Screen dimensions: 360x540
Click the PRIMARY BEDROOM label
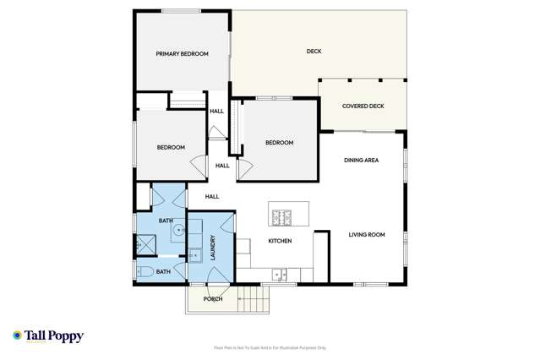182,54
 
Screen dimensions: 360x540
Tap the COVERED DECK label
363,106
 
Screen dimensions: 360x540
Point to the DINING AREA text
361,160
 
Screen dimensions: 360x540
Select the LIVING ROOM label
367,235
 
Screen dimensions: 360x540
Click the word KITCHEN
280,242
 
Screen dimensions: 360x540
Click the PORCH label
213,299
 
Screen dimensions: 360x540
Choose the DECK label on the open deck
314,52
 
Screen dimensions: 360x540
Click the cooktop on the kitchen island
281,217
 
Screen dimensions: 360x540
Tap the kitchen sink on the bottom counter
281,273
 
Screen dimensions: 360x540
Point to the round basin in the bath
179,229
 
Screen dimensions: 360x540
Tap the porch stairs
251,298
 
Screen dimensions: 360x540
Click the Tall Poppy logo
48,336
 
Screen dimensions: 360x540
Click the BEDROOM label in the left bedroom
171,148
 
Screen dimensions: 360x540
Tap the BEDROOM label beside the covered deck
279,143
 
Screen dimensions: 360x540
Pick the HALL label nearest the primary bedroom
216,112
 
